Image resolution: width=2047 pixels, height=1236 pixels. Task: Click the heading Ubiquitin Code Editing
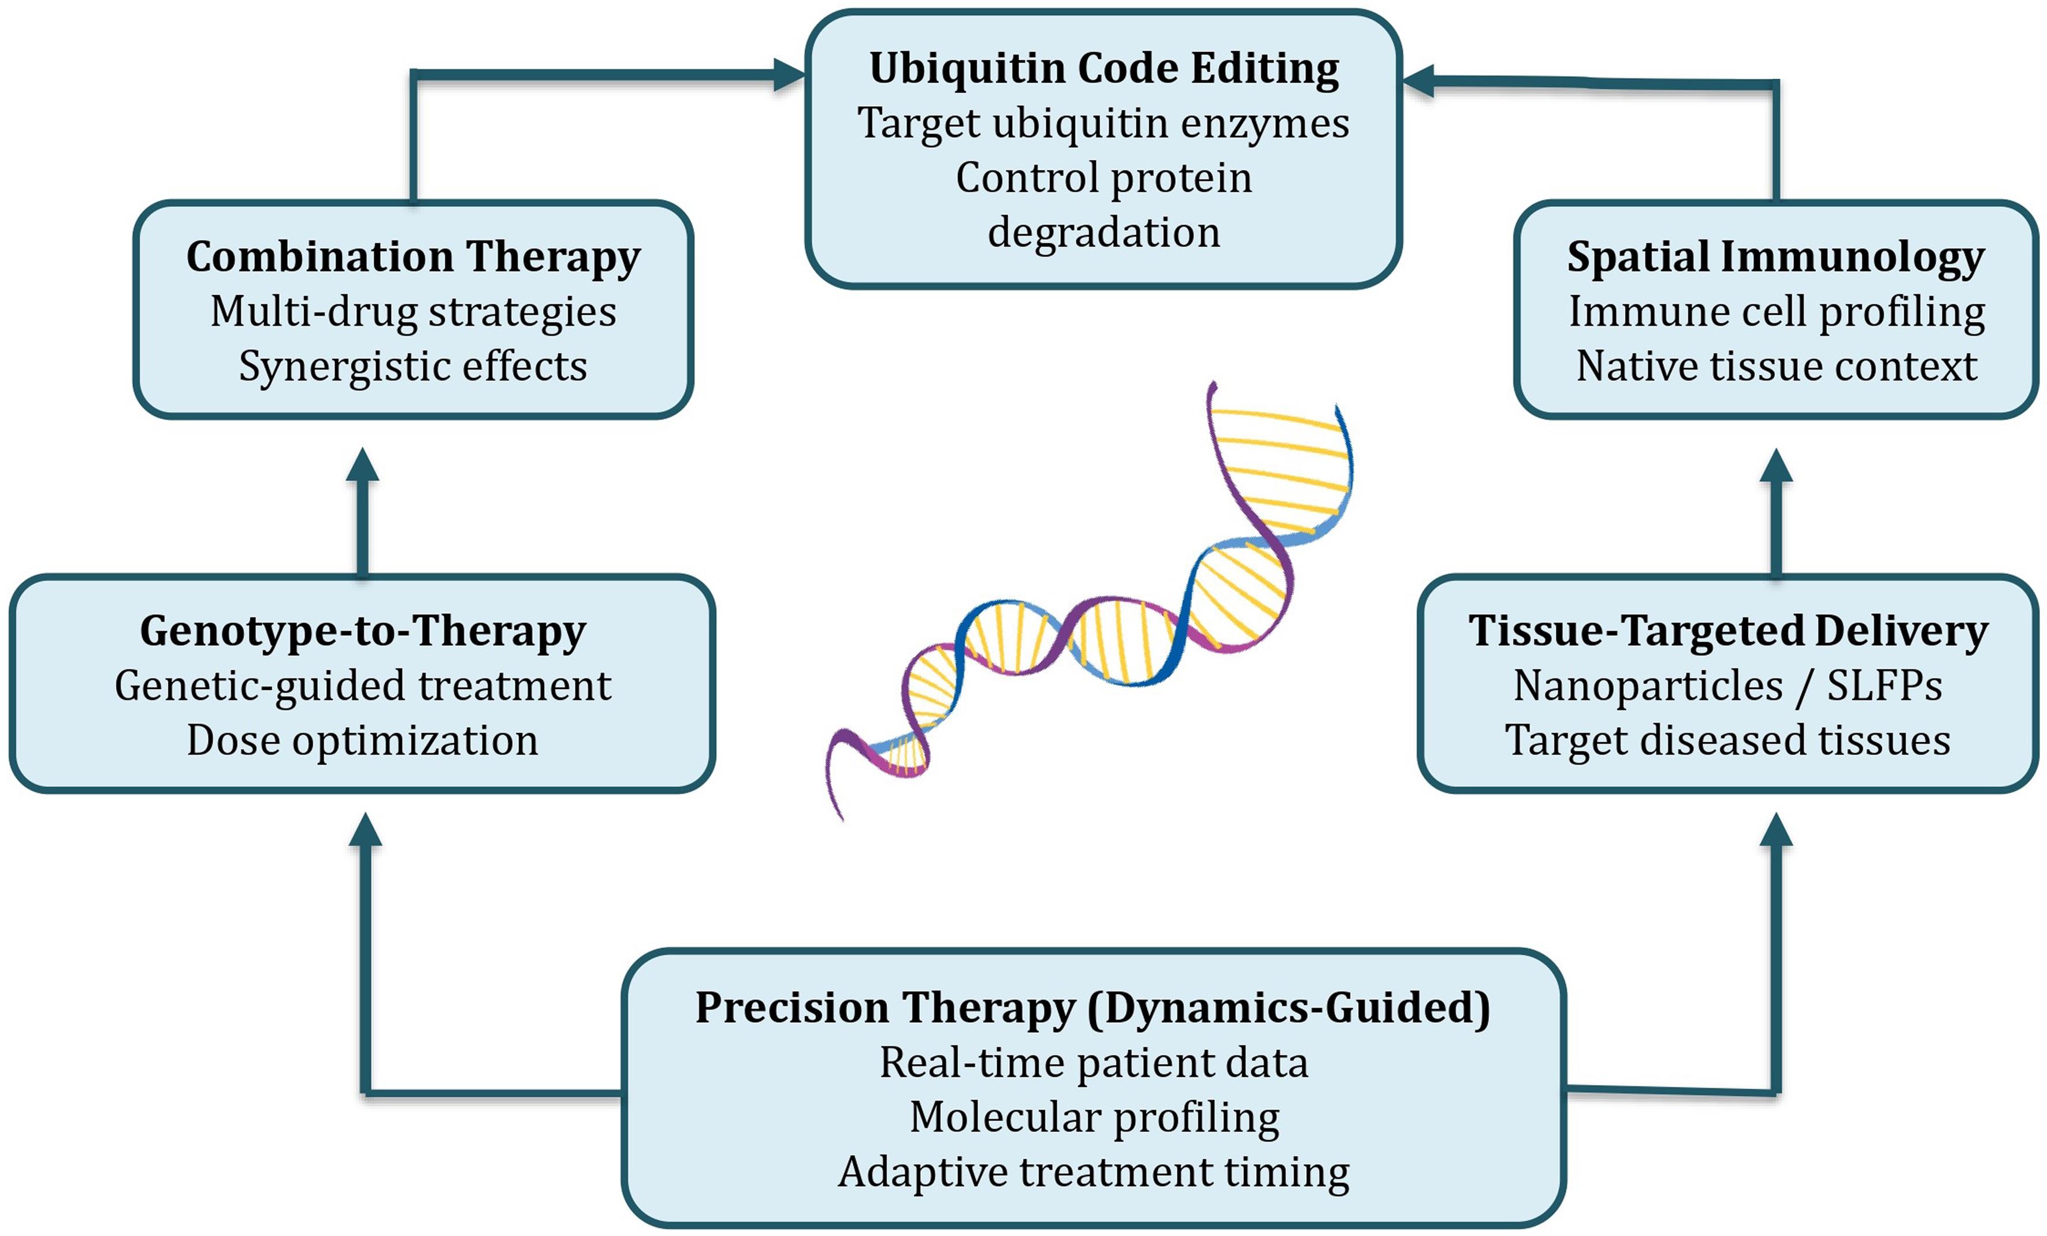1104,68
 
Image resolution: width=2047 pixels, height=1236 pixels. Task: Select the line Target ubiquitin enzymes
1104,124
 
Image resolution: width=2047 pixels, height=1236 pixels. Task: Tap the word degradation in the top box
1104,233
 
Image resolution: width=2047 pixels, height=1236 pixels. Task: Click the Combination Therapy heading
413,256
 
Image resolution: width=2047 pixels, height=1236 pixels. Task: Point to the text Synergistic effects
413,366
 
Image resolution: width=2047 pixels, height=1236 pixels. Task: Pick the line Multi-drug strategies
413,312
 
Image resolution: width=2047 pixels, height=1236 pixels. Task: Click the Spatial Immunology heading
1775,256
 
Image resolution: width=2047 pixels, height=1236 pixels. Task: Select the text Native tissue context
1776,366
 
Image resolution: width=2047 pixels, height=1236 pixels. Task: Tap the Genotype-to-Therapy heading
362,631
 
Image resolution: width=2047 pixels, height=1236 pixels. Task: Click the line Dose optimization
362,740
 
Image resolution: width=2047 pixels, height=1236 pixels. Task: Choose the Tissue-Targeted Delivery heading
1728,631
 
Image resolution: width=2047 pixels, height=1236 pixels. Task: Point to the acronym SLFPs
1884,686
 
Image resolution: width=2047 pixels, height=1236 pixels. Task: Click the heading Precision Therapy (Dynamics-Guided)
1093,1008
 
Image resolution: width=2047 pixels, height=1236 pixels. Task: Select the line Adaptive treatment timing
1093,1172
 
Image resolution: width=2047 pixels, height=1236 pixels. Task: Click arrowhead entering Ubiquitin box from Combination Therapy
789,75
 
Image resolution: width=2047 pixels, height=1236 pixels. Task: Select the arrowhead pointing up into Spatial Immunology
1776,467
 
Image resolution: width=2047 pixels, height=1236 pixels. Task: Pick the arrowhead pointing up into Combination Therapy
362,467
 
